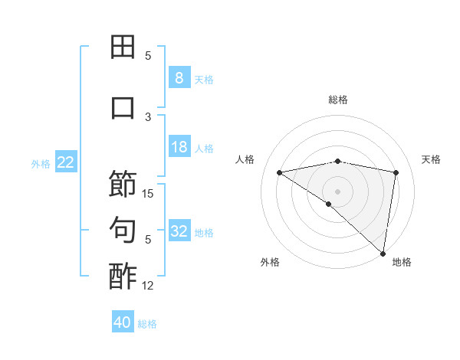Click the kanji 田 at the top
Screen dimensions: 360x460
[123, 47]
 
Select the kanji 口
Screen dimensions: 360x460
[123, 107]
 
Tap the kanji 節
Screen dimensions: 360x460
[123, 184]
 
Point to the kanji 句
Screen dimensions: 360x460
[123, 230]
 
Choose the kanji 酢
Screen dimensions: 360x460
[123, 277]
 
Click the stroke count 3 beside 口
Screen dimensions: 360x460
[149, 116]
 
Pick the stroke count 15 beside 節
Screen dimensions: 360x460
[149, 193]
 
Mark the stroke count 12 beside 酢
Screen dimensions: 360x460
[149, 286]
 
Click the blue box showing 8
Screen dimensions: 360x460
[179, 77]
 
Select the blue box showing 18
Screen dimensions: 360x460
[179, 147]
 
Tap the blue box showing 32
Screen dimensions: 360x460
[179, 231]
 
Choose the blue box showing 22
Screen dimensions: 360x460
[66, 162]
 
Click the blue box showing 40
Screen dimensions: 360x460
[123, 322]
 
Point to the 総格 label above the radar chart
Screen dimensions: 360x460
[338, 100]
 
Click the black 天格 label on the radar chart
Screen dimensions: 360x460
[431, 159]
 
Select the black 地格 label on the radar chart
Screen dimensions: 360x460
[402, 262]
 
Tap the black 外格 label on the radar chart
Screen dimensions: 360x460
[270, 262]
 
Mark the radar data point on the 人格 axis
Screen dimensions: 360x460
[280, 172]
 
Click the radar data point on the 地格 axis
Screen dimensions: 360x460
[383, 252]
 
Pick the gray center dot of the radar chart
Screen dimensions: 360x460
[337, 191]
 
